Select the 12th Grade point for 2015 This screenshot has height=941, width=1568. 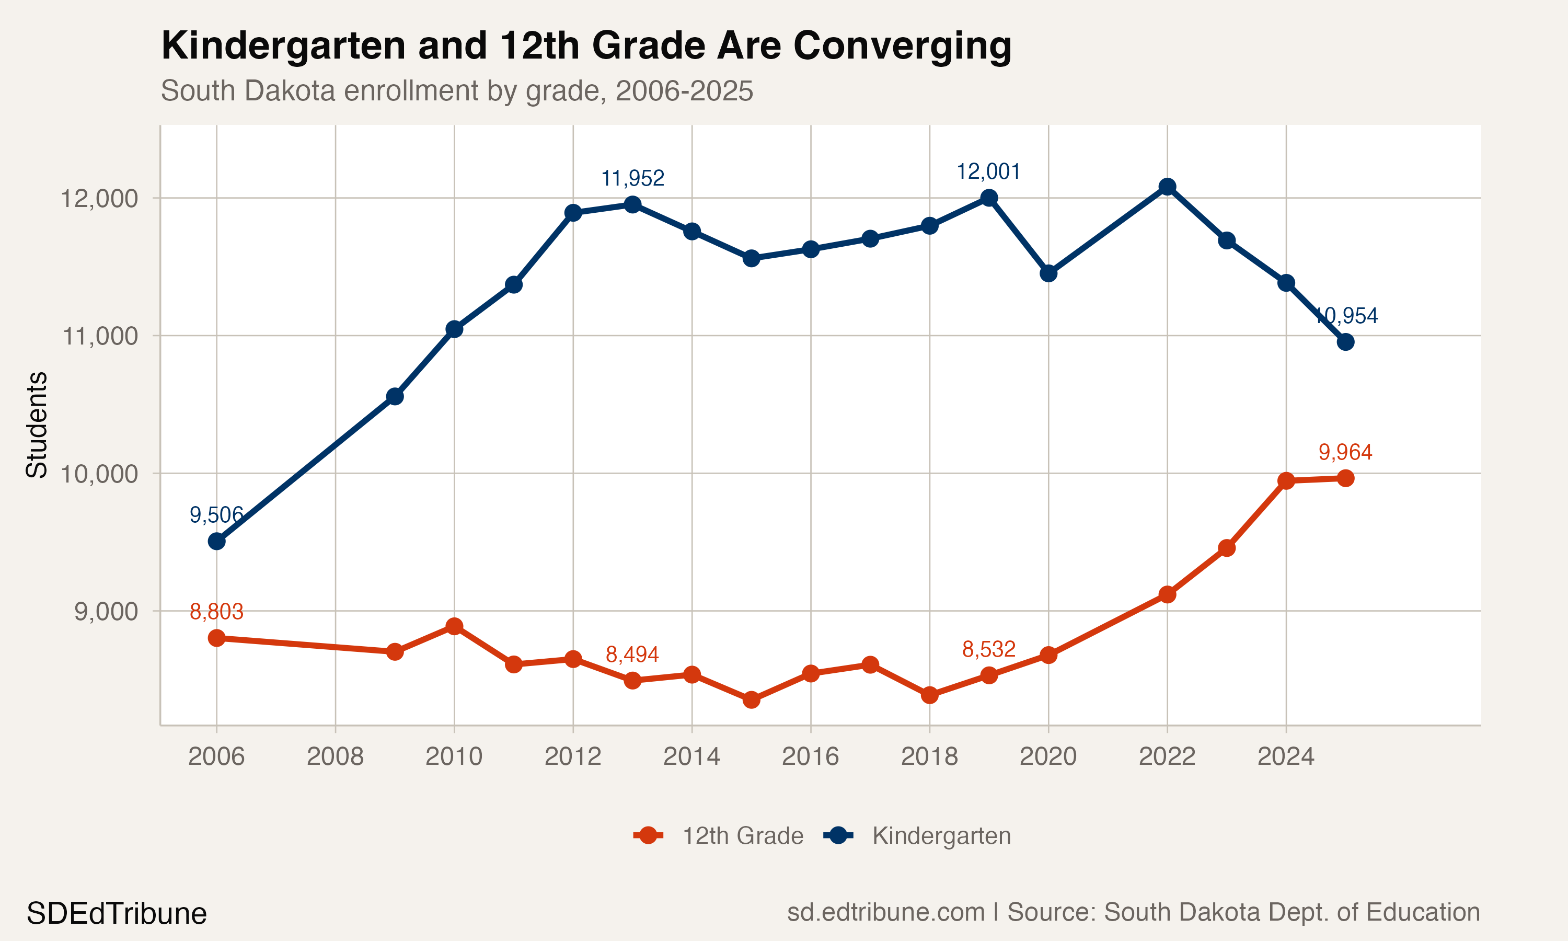[x=751, y=699]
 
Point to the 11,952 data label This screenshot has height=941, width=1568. [x=632, y=179]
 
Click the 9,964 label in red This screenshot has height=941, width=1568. [x=1345, y=452]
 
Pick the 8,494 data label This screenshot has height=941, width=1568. [x=632, y=655]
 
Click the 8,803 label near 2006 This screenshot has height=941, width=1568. [x=216, y=612]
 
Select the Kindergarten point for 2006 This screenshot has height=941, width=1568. [x=217, y=542]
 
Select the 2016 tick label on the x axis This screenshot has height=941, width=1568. [x=810, y=756]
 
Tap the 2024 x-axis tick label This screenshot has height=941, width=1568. [x=1285, y=756]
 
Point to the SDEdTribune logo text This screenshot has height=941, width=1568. [x=117, y=914]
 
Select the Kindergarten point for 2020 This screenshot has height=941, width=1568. [x=1048, y=273]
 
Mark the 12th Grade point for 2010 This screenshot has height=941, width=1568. [x=454, y=626]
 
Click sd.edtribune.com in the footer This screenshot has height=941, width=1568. [x=885, y=912]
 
